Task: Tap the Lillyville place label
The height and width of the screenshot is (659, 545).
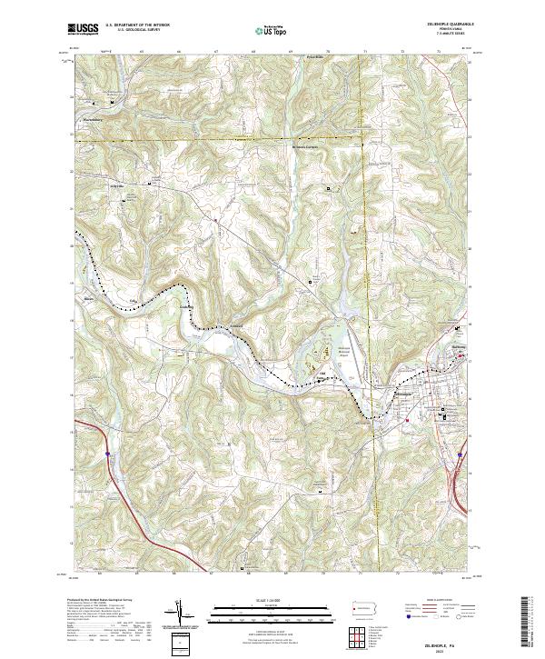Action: coord(116,186)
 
